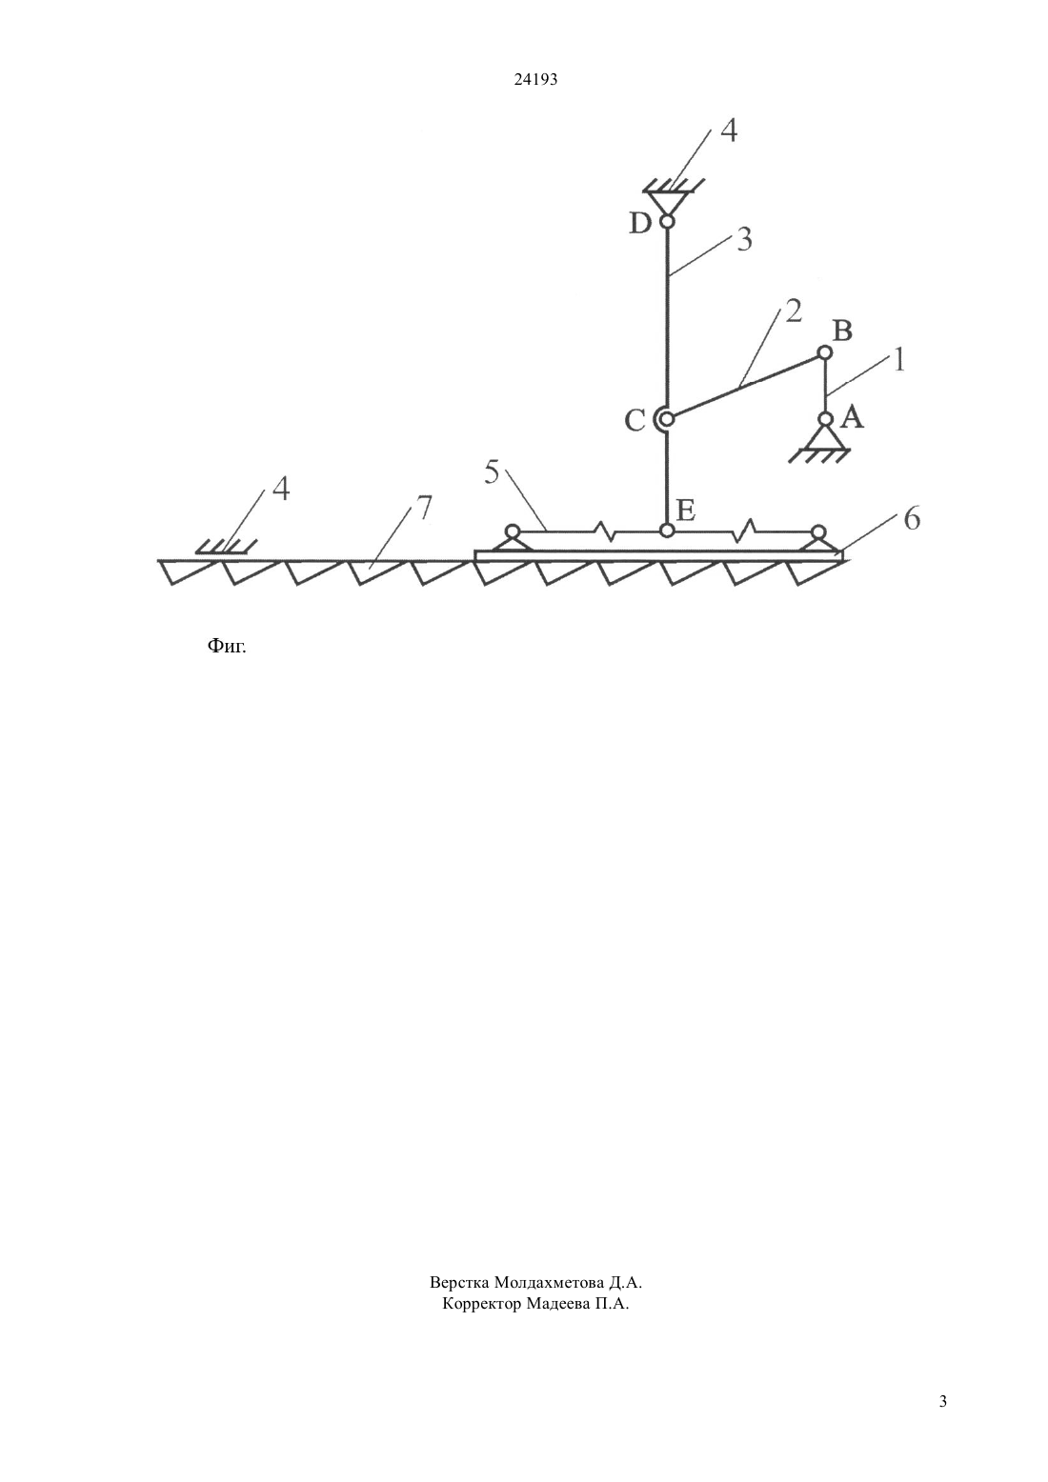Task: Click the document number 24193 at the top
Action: click(x=535, y=80)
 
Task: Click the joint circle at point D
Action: click(x=666, y=222)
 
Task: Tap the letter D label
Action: click(x=640, y=224)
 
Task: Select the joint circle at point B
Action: click(x=825, y=352)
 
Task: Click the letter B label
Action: click(x=842, y=330)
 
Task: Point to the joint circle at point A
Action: click(x=825, y=419)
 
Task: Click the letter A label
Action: click(x=852, y=417)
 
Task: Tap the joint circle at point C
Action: click(x=667, y=419)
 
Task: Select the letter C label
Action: click(x=635, y=420)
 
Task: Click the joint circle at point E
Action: click(x=667, y=530)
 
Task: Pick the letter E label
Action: click(x=685, y=511)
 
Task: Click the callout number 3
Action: click(x=745, y=239)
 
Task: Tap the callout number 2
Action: click(x=794, y=310)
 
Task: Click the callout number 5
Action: click(x=492, y=473)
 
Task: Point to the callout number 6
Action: click(x=912, y=519)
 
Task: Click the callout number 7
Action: click(x=423, y=508)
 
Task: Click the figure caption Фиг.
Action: click(x=227, y=645)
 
